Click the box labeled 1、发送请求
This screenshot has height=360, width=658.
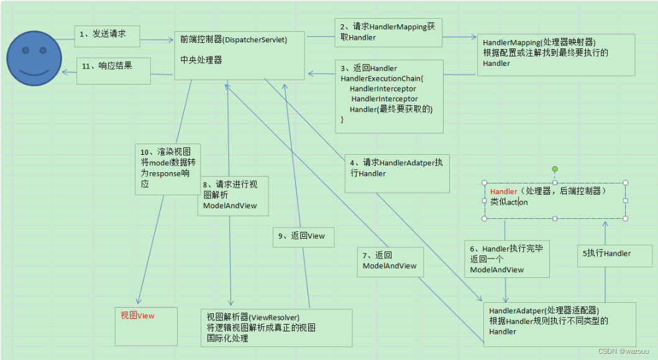pyautogui.click(x=107, y=35)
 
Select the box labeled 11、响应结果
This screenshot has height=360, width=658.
pyautogui.click(x=114, y=70)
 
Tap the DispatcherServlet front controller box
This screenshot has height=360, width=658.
pyautogui.click(x=239, y=55)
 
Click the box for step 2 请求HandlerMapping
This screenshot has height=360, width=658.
pyautogui.click(x=388, y=32)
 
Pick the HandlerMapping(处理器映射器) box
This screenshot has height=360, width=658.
pyautogui.click(x=555, y=55)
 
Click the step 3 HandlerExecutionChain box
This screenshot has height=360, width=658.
pyautogui.click(x=389, y=96)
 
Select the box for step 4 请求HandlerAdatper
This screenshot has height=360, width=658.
pyautogui.click(x=397, y=173)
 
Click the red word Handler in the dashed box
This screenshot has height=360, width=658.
pyautogui.click(x=503, y=192)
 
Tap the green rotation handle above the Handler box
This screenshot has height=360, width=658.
pyautogui.click(x=555, y=168)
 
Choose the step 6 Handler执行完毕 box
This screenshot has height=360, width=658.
pyautogui.click(x=507, y=258)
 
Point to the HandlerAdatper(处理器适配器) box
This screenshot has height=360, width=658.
pyautogui.click(x=559, y=320)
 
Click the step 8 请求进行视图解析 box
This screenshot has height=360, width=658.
pyautogui.click(x=232, y=196)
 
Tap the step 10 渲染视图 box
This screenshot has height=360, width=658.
pyautogui.click(x=167, y=168)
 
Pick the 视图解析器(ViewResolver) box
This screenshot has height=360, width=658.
pyautogui.click(x=276, y=328)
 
